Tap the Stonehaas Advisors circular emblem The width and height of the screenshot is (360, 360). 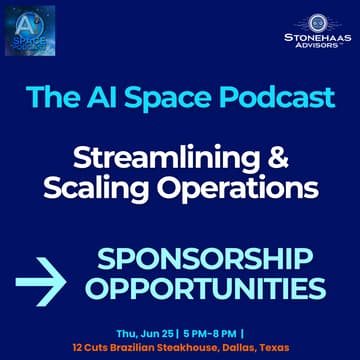click(317, 22)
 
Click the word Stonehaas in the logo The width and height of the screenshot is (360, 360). click(316, 40)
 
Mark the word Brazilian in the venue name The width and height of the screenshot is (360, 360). click(131, 347)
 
